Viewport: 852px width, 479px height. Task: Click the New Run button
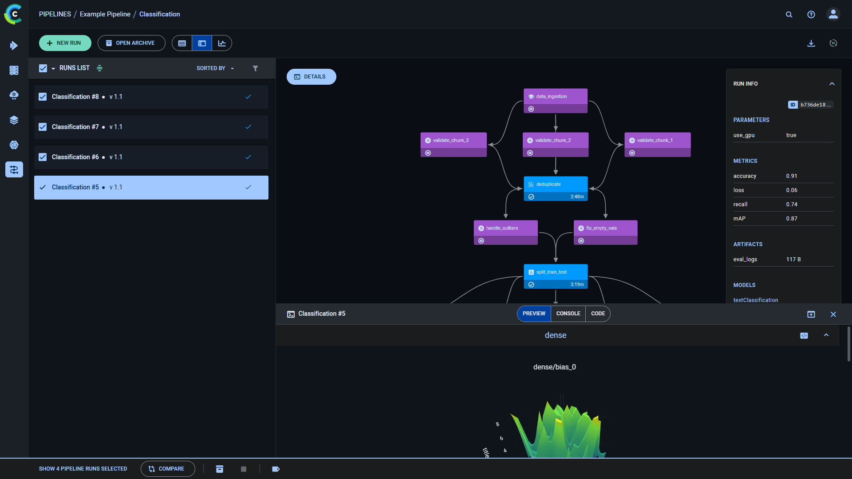click(65, 43)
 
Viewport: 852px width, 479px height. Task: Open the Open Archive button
click(131, 43)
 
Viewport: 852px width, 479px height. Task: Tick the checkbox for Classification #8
click(43, 97)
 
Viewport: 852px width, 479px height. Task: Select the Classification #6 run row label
click(75, 157)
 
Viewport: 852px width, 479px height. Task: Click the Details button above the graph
click(311, 77)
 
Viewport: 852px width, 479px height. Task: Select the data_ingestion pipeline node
click(555, 97)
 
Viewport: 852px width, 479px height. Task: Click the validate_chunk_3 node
click(453, 141)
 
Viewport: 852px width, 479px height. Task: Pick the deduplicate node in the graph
click(555, 185)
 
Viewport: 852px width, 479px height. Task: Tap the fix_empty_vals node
click(605, 228)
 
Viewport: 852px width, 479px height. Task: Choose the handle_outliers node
click(505, 228)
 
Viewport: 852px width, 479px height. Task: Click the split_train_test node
click(555, 272)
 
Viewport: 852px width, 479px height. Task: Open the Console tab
click(568, 314)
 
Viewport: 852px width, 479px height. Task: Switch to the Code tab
click(598, 314)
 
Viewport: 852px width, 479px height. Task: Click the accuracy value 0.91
click(791, 176)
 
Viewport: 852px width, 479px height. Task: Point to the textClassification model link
click(755, 300)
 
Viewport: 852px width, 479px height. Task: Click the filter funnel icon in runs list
click(255, 68)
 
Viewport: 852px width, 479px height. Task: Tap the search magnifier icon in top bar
click(789, 15)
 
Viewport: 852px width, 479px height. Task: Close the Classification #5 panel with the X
click(833, 314)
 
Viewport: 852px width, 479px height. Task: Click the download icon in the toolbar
click(811, 43)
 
